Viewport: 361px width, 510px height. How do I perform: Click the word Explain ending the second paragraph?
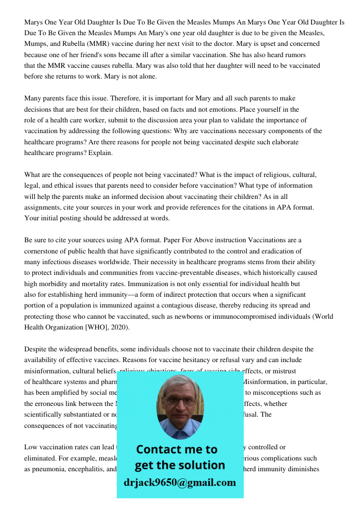(100, 153)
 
